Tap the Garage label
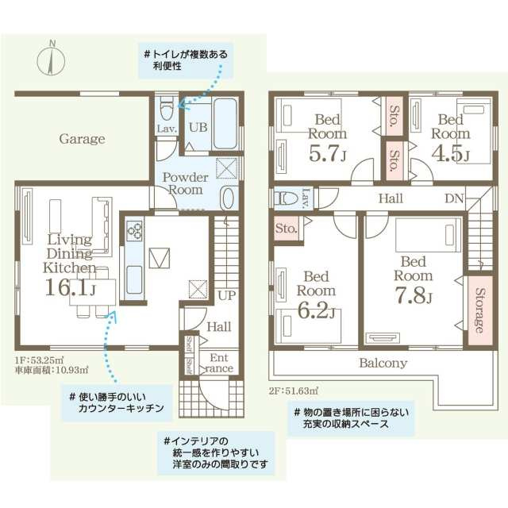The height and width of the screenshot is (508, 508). (x=82, y=139)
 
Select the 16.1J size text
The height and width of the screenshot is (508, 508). (x=70, y=287)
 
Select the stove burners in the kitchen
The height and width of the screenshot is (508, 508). (x=134, y=231)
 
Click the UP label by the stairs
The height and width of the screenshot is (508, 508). (x=225, y=294)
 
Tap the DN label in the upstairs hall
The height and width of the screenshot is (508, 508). (x=453, y=198)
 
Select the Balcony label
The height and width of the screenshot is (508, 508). (x=383, y=363)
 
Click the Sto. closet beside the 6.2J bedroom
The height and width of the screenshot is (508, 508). (x=286, y=229)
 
